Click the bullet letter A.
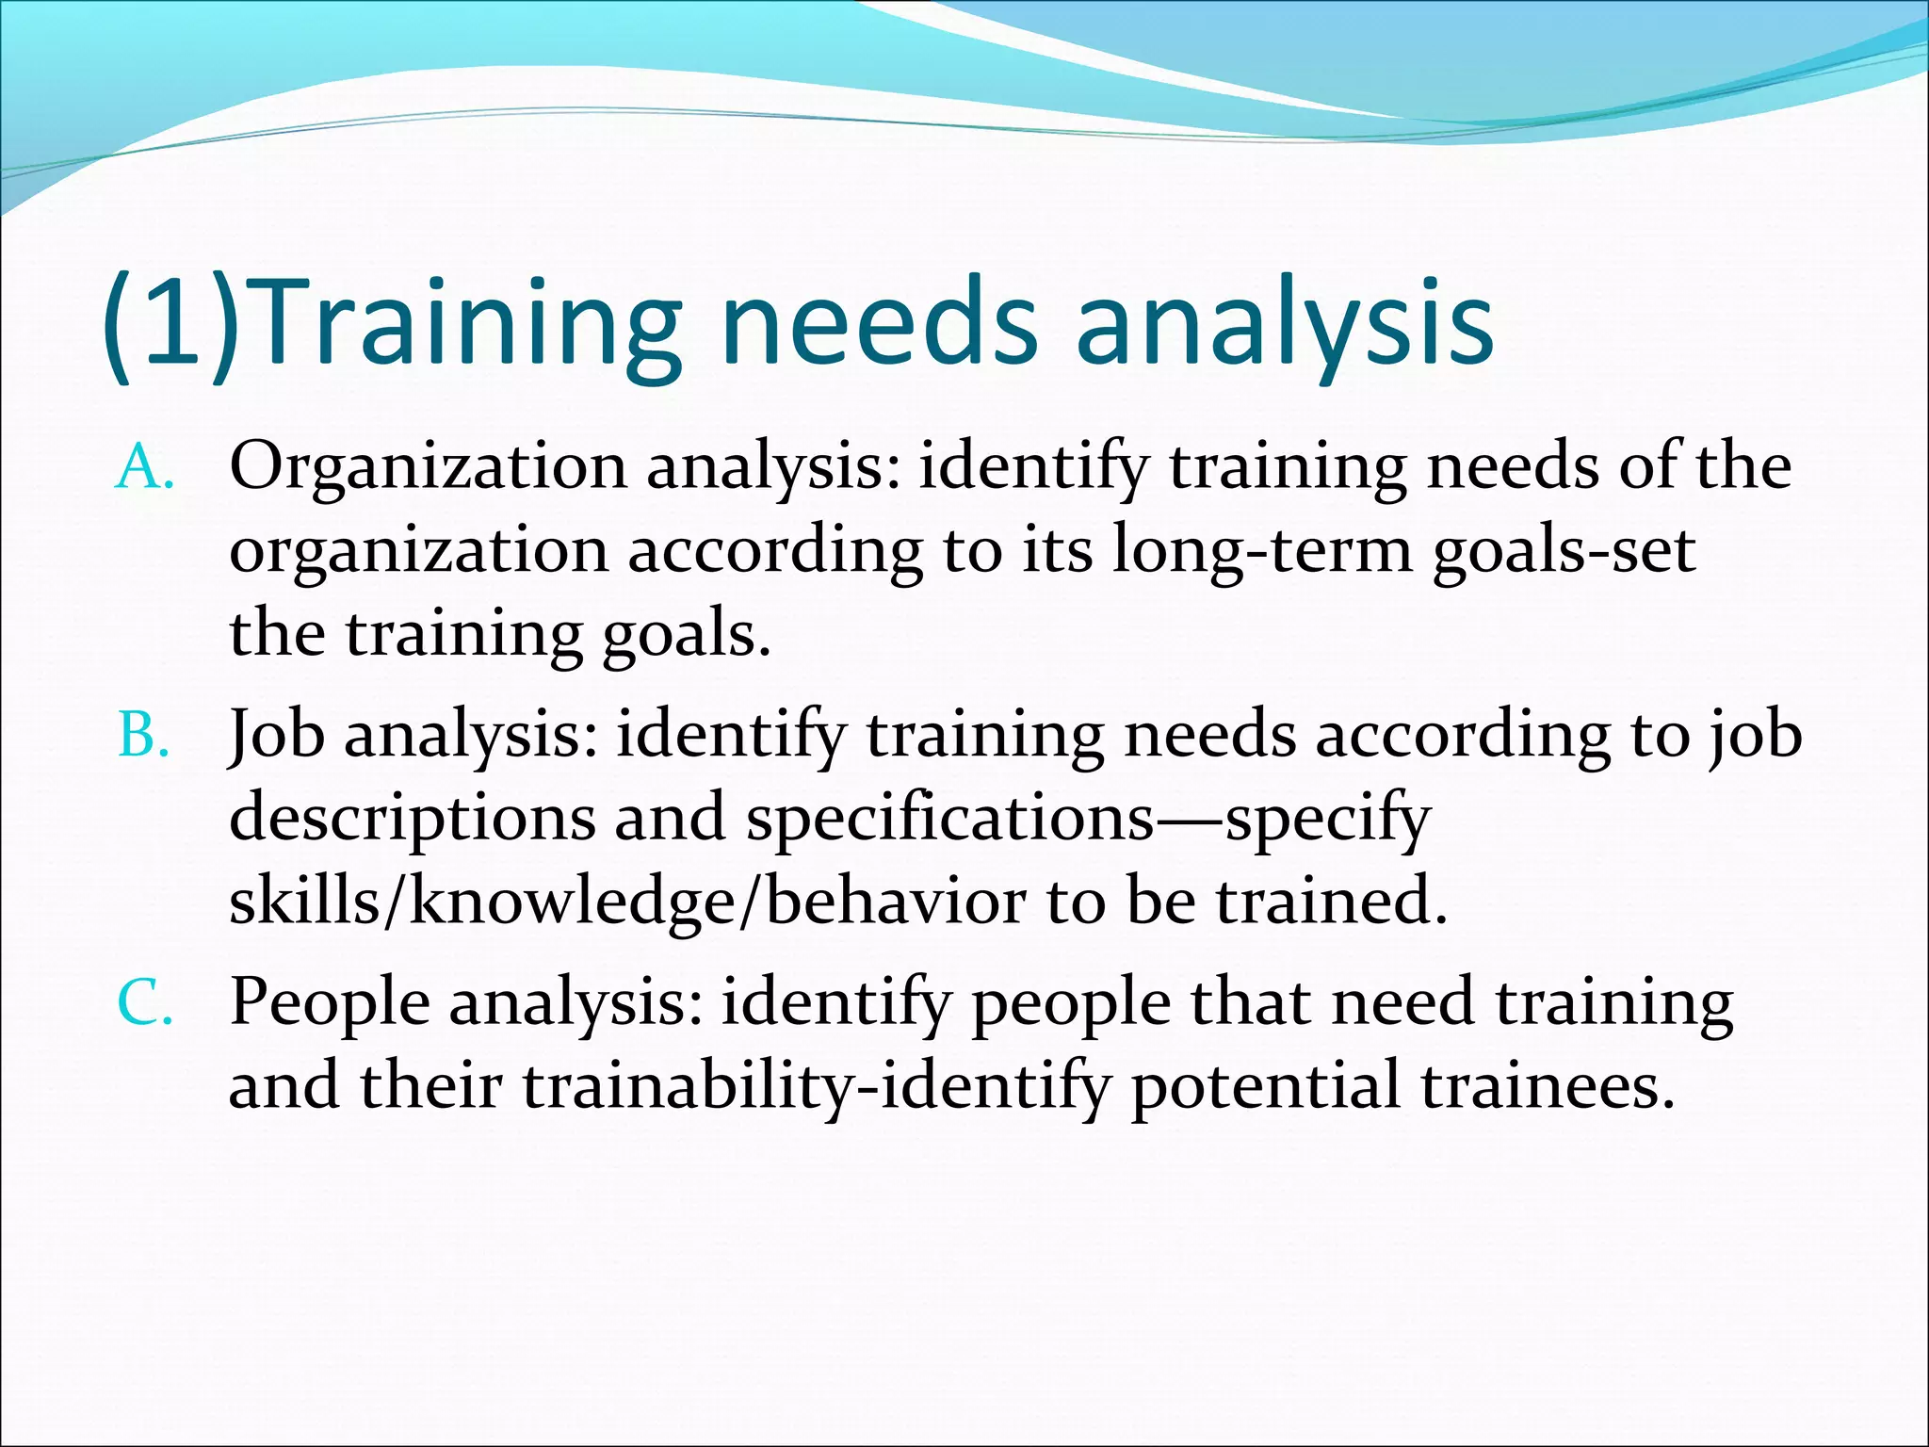(x=142, y=468)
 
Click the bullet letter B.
(x=142, y=736)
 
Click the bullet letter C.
(x=144, y=1003)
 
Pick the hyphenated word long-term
(x=1262, y=550)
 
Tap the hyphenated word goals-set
(x=1564, y=550)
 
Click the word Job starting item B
(x=278, y=736)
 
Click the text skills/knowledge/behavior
(x=627, y=901)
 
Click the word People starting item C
(x=330, y=1002)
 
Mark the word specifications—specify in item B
(x=1088, y=818)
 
